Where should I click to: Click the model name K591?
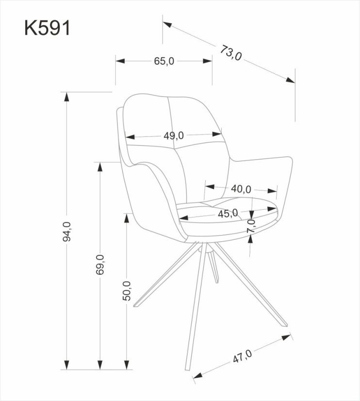[48, 28]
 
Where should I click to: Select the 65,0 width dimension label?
[164, 61]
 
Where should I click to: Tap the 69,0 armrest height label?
[100, 265]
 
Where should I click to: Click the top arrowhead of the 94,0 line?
[66, 96]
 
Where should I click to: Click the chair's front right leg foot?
[284, 324]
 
